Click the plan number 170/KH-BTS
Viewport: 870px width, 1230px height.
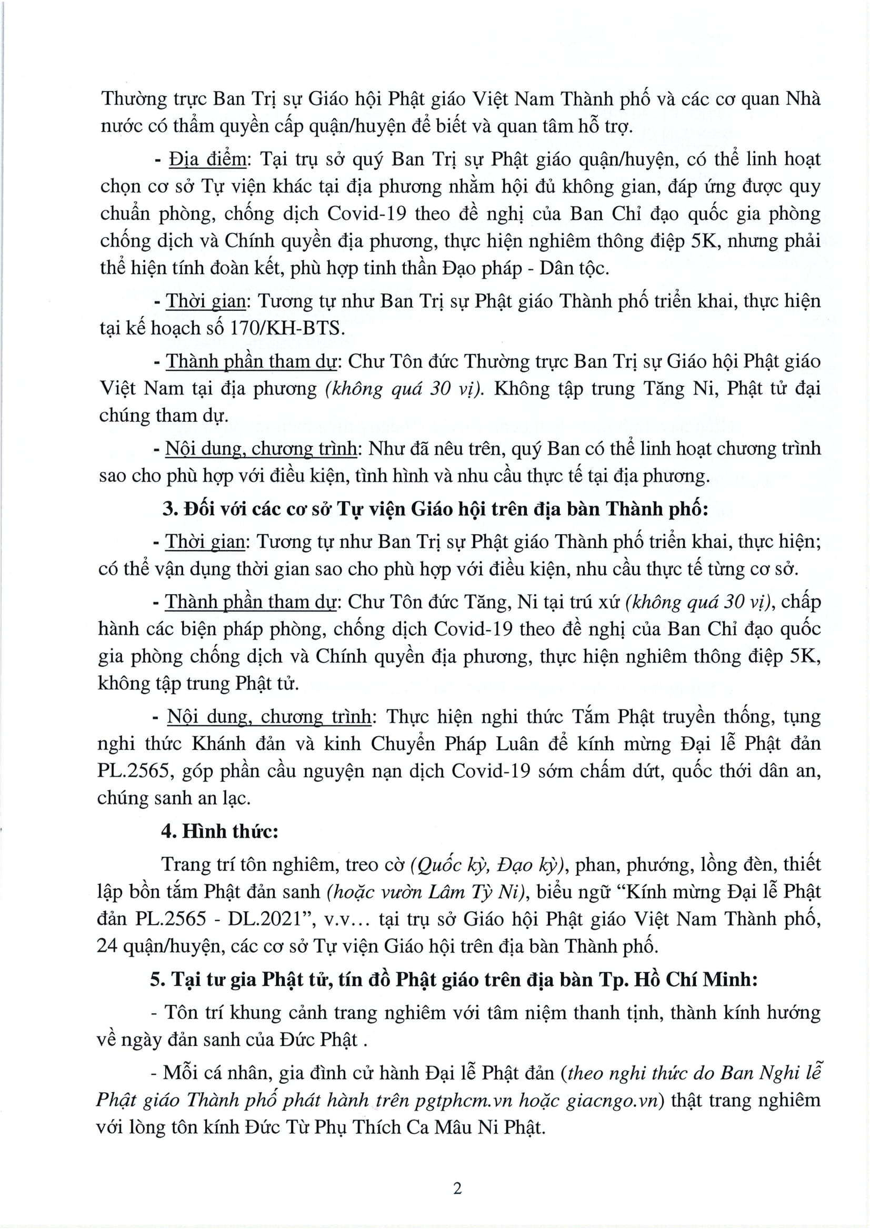coord(286,328)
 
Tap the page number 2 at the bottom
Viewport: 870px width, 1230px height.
coord(457,1188)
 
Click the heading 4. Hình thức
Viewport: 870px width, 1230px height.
coord(220,831)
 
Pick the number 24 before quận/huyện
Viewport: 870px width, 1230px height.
coord(107,946)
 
